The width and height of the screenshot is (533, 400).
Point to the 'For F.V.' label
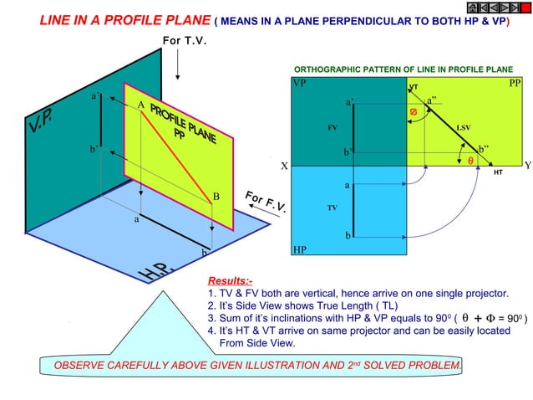click(266, 204)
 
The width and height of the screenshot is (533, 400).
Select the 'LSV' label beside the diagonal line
click(464, 127)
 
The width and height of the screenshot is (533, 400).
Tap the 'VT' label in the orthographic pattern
click(413, 88)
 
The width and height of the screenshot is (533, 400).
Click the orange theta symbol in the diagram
click(470, 161)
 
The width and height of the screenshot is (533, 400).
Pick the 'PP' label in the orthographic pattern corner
click(515, 85)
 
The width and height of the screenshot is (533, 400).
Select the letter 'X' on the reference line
click(284, 166)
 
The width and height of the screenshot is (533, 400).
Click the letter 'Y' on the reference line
click(527, 166)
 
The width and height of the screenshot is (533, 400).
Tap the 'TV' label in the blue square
click(332, 206)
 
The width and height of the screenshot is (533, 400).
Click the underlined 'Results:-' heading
click(230, 280)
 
